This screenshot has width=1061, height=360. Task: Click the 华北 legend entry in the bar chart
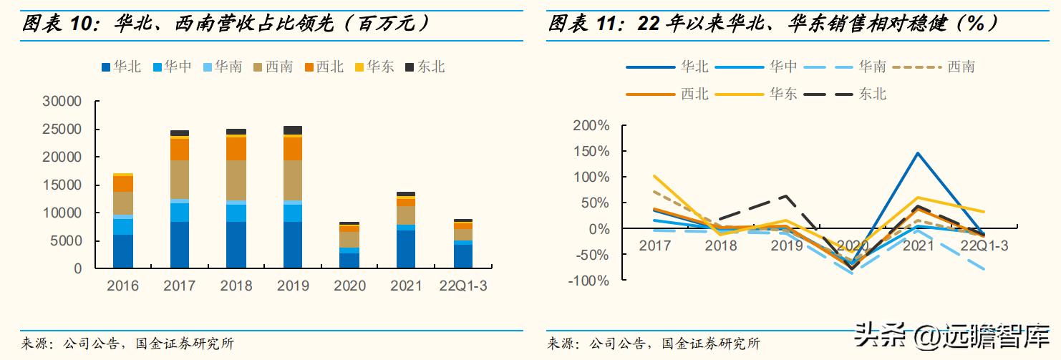tap(121, 67)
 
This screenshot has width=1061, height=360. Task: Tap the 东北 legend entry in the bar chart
tap(425, 67)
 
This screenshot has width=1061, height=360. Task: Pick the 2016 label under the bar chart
tap(122, 286)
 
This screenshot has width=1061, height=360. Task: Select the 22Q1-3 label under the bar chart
tap(463, 286)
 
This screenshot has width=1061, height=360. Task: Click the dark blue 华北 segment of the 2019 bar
tap(292, 245)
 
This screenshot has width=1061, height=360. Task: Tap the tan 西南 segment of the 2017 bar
tap(179, 180)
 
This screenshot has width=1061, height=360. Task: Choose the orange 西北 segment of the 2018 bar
tap(236, 148)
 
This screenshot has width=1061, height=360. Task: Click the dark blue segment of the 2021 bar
tap(406, 249)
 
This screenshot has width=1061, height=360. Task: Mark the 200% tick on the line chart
tap(591, 126)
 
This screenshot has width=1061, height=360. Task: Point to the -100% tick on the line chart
tap(588, 281)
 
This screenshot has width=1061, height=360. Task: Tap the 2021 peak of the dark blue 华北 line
tap(917, 152)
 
